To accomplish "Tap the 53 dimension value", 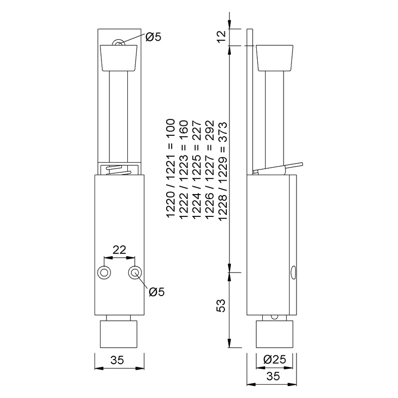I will click(223, 304).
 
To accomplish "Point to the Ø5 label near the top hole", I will click(153, 36).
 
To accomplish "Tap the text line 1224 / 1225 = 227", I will click(197, 169).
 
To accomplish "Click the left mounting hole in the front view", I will click(104, 272).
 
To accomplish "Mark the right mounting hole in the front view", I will click(135, 272).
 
